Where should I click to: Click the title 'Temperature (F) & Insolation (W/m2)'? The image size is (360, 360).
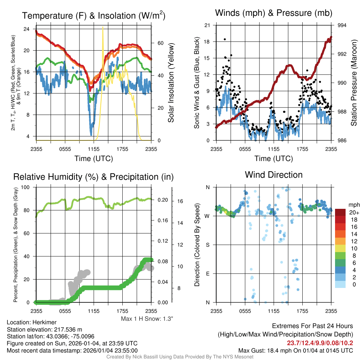(94, 15)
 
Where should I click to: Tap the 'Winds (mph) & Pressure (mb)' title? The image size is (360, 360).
(274, 13)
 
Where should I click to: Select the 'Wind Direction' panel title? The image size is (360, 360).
(274, 175)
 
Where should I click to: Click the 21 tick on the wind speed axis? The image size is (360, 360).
(207, 25)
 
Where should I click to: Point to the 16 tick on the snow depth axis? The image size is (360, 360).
(179, 201)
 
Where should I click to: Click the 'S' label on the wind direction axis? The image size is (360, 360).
(208, 245)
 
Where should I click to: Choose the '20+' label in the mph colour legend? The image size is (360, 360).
(354, 212)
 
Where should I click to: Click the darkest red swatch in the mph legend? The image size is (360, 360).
(340, 212)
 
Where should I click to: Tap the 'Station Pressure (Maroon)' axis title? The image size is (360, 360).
(354, 83)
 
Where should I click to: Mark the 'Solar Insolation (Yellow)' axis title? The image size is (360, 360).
(171, 83)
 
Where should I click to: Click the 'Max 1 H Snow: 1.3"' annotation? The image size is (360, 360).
(147, 319)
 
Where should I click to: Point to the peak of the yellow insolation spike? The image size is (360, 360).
(103, 27)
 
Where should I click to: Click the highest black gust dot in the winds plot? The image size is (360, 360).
(225, 39)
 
